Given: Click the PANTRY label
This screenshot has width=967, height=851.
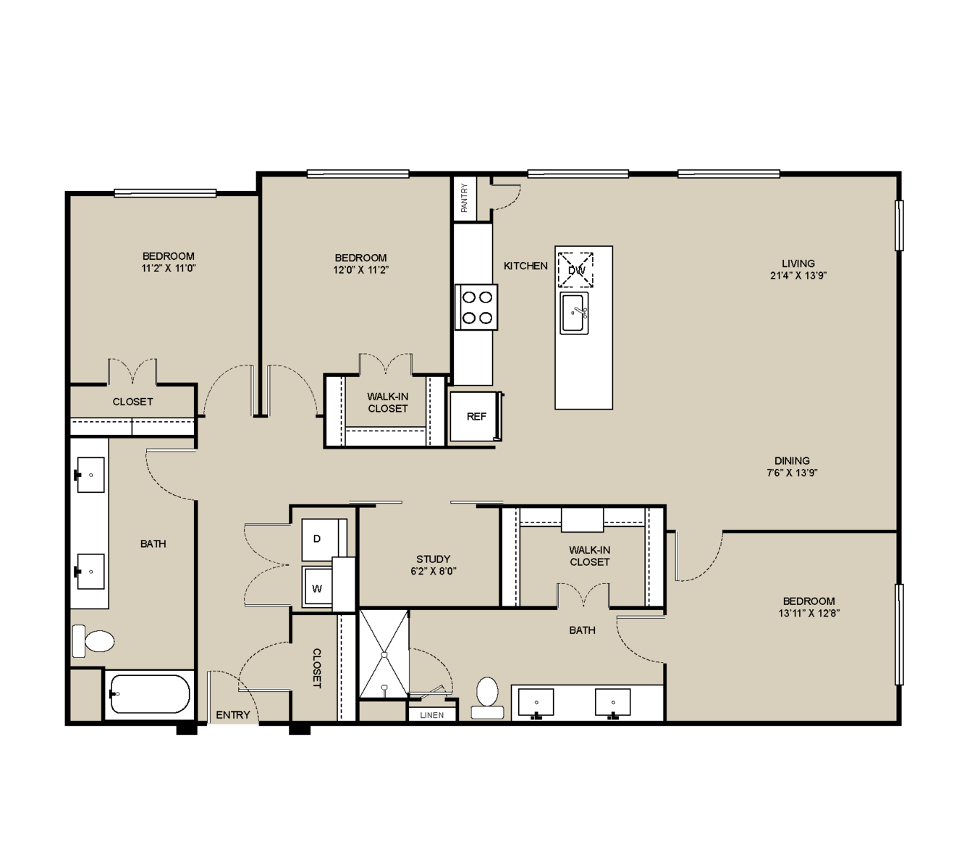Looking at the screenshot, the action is click(464, 198).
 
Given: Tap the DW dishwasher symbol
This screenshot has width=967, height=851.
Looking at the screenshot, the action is click(575, 270).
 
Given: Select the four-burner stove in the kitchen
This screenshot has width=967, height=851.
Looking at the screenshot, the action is click(476, 307).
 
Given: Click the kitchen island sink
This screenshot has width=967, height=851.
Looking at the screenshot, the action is click(574, 313).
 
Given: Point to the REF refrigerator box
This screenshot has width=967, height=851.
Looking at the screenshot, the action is click(476, 417).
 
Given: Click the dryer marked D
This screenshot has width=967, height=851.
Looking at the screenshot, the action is click(321, 539).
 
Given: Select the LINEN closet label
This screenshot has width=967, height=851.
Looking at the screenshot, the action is click(432, 715).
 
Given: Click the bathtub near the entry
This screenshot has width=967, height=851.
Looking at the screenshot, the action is click(149, 695).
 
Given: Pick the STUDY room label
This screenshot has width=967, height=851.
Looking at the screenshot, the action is click(433, 559).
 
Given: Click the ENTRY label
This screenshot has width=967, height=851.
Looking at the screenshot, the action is click(233, 714).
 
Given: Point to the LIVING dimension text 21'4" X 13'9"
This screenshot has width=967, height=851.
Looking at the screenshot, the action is click(798, 276).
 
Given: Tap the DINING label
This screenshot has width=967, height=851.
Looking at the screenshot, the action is click(792, 460).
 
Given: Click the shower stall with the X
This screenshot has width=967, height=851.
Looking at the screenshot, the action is click(384, 654).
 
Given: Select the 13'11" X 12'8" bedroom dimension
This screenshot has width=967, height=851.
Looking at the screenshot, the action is click(809, 614).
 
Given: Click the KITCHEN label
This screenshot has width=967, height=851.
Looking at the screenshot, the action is click(525, 266).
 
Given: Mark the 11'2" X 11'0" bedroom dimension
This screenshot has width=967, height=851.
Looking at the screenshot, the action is click(169, 268).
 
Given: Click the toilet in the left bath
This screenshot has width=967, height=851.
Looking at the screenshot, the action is click(93, 641).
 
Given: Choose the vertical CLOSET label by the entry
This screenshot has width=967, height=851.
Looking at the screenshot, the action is click(316, 668).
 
